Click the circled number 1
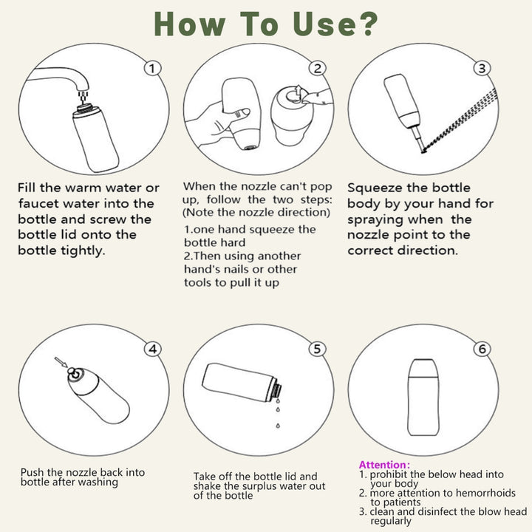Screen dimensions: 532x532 (x=152, y=69)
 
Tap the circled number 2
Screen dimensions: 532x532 (x=317, y=69)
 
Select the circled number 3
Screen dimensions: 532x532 (x=482, y=69)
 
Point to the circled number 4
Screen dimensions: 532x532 (x=153, y=349)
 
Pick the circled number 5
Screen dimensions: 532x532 (x=317, y=349)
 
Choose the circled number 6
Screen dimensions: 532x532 (x=482, y=349)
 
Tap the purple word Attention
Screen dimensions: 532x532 (x=383, y=465)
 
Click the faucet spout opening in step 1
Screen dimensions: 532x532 (x=83, y=89)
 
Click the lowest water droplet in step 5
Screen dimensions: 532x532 (x=278, y=425)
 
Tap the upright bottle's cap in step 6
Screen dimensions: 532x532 (x=423, y=368)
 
